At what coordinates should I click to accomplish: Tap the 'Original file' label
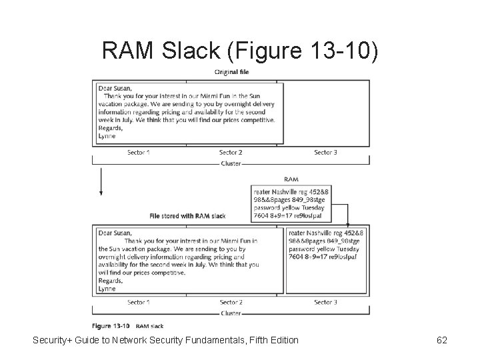tap(231, 73)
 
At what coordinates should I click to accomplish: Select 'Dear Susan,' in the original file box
tap(115, 88)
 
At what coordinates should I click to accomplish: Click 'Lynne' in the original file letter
tap(107, 136)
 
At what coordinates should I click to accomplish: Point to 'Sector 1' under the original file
tap(139, 153)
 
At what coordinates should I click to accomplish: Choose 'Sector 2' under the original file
tap(231, 153)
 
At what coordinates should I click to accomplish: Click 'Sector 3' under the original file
tap(325, 153)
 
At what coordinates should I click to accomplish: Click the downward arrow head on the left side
tap(101, 193)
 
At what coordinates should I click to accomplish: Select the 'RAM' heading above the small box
tap(291, 179)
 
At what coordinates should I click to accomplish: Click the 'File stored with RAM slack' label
tap(187, 216)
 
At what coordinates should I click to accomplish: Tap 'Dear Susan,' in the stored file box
tap(115, 233)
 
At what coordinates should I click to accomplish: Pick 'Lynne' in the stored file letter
tap(107, 289)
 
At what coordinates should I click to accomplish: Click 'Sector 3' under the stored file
tap(325, 303)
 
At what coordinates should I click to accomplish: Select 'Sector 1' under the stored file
tap(139, 303)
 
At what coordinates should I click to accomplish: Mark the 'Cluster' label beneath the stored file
tap(231, 313)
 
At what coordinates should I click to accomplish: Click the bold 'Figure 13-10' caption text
tap(111, 326)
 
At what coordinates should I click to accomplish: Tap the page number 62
tap(441, 341)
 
